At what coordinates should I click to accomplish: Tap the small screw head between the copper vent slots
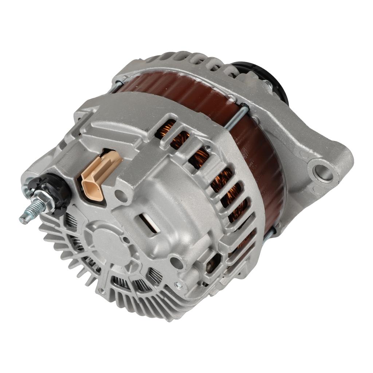click(208, 148)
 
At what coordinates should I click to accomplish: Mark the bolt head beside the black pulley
click(268, 85)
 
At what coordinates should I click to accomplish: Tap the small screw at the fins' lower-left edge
click(101, 290)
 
